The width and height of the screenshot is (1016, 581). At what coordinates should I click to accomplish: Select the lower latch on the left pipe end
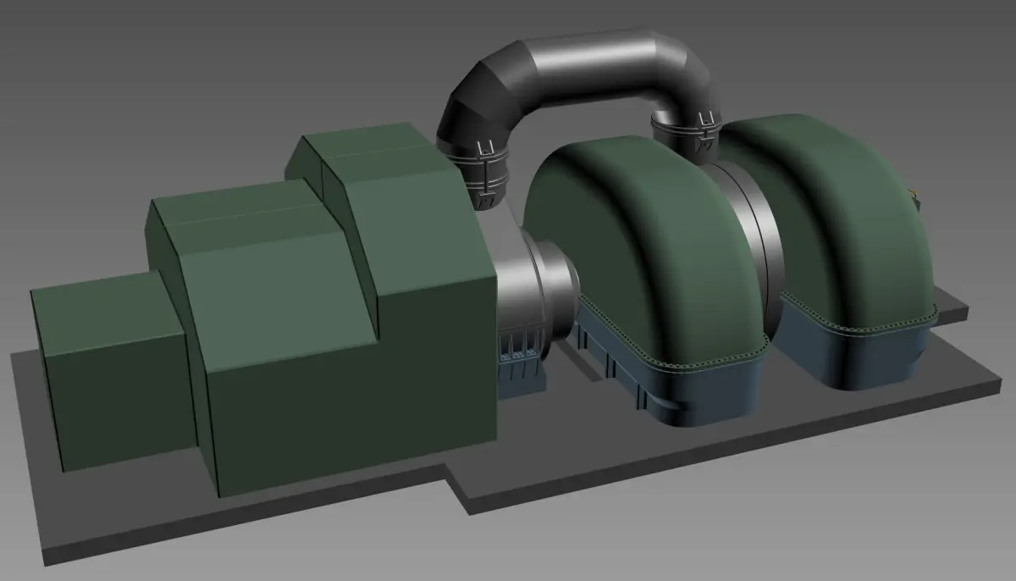[x=488, y=202]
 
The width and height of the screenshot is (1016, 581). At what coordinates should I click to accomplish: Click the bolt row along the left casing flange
[x=703, y=362]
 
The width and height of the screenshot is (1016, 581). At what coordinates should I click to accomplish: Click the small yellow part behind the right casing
[x=915, y=197]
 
